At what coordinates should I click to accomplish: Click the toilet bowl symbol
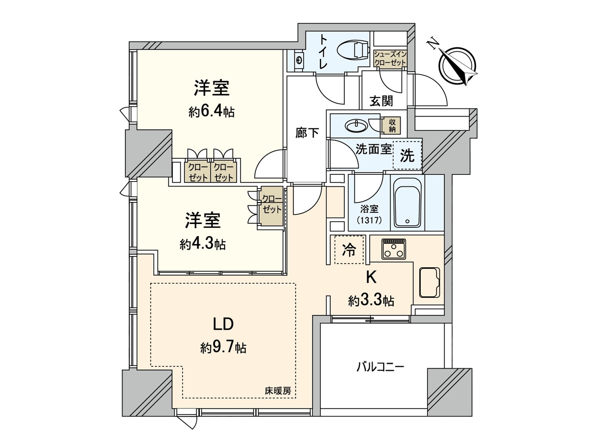[352, 51]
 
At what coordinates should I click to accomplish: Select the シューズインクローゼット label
[390, 59]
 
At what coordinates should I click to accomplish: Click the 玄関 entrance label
[381, 101]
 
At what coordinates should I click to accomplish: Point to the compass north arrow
[457, 63]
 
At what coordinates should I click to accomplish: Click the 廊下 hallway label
[307, 133]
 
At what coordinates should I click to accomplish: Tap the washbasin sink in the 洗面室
[356, 125]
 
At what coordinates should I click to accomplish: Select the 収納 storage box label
[392, 125]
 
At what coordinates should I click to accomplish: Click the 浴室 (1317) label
[369, 214]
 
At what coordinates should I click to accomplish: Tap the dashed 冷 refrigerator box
[349, 250]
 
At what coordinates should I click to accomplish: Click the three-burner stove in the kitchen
[394, 249]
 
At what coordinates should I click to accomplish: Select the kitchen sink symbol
[429, 282]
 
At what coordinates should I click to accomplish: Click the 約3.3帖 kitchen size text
[371, 301]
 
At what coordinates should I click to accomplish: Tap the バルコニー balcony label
[380, 367]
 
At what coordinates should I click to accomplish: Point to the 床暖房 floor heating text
[278, 391]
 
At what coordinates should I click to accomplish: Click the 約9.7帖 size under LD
[223, 348]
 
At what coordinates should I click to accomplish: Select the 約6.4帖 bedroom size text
[211, 111]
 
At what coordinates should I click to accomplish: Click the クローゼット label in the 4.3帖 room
[272, 204]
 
